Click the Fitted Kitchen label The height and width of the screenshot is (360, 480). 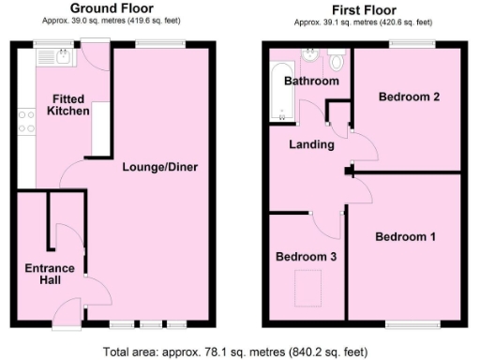71,104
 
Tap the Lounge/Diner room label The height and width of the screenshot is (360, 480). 159,168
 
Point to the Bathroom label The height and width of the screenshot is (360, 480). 312,82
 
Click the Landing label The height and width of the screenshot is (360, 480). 311,144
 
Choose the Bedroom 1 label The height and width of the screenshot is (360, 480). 405,237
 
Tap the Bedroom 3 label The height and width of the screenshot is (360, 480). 306,256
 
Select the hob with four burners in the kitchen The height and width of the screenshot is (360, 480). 26,123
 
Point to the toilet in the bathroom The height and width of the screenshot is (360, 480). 337,62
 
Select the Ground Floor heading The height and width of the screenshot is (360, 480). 112,9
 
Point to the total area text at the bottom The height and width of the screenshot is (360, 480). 239,352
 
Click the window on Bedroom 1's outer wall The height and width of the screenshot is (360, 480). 413,324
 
